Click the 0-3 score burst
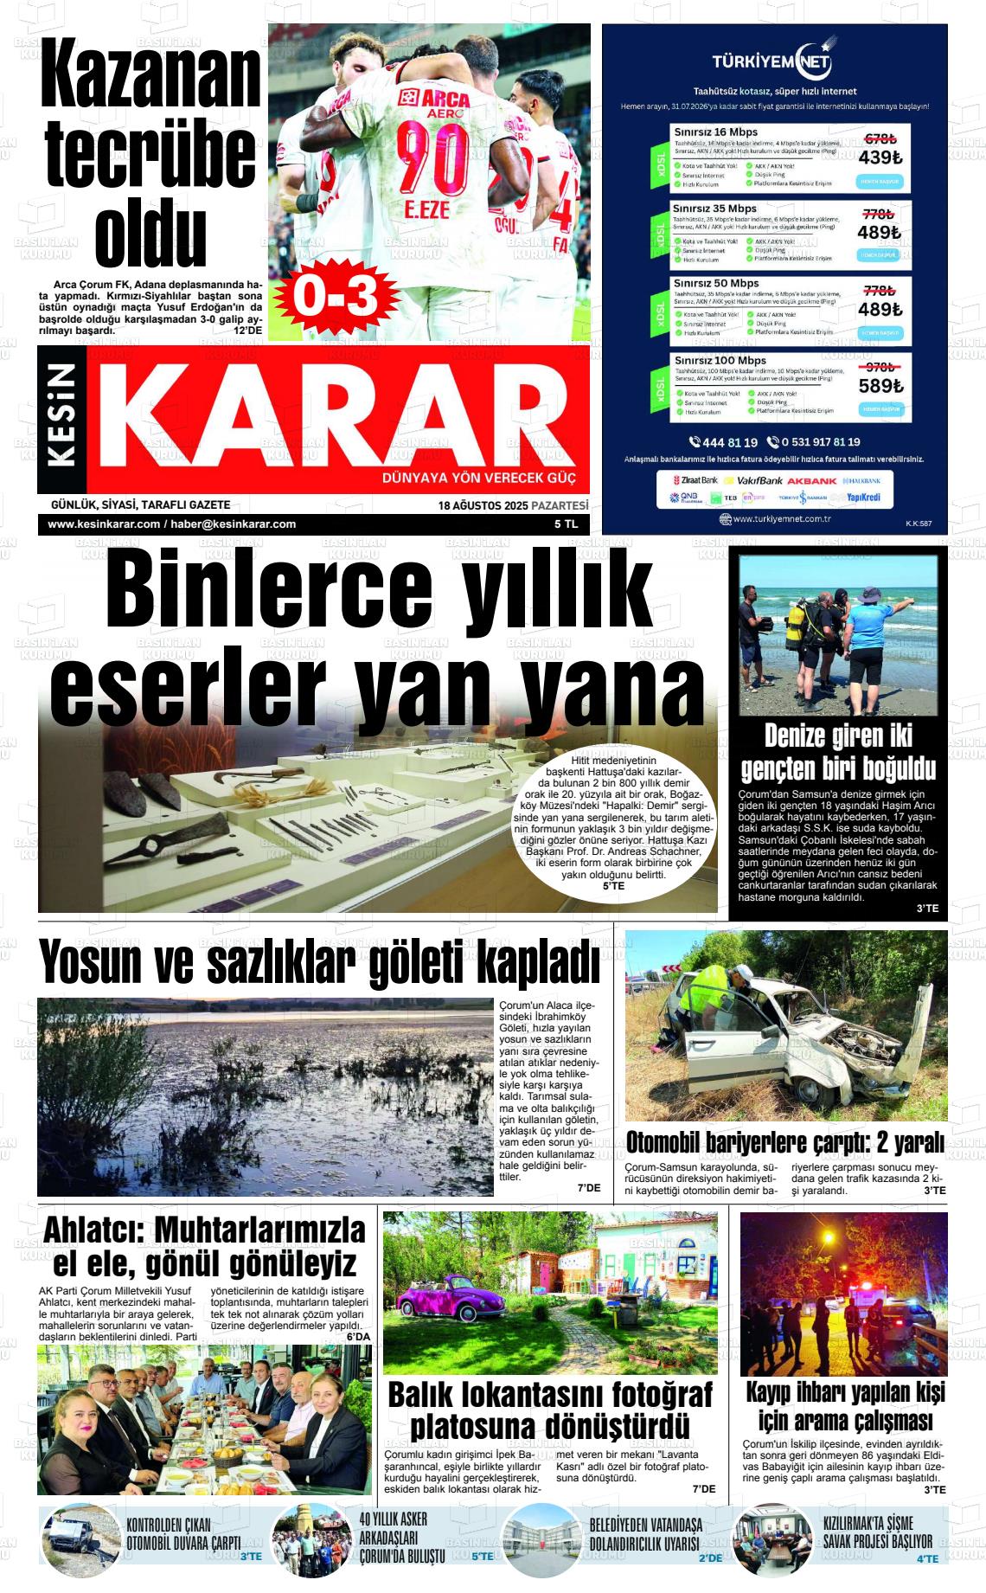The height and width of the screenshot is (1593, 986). point(336,297)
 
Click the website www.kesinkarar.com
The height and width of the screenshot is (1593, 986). point(104,524)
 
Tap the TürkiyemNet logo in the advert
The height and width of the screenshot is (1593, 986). point(772,61)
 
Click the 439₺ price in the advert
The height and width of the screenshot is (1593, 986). point(880,157)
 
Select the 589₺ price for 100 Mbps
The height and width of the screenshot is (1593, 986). point(880,386)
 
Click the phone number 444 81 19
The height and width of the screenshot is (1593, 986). point(724,442)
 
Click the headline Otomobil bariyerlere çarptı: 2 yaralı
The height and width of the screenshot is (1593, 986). point(784,1143)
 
